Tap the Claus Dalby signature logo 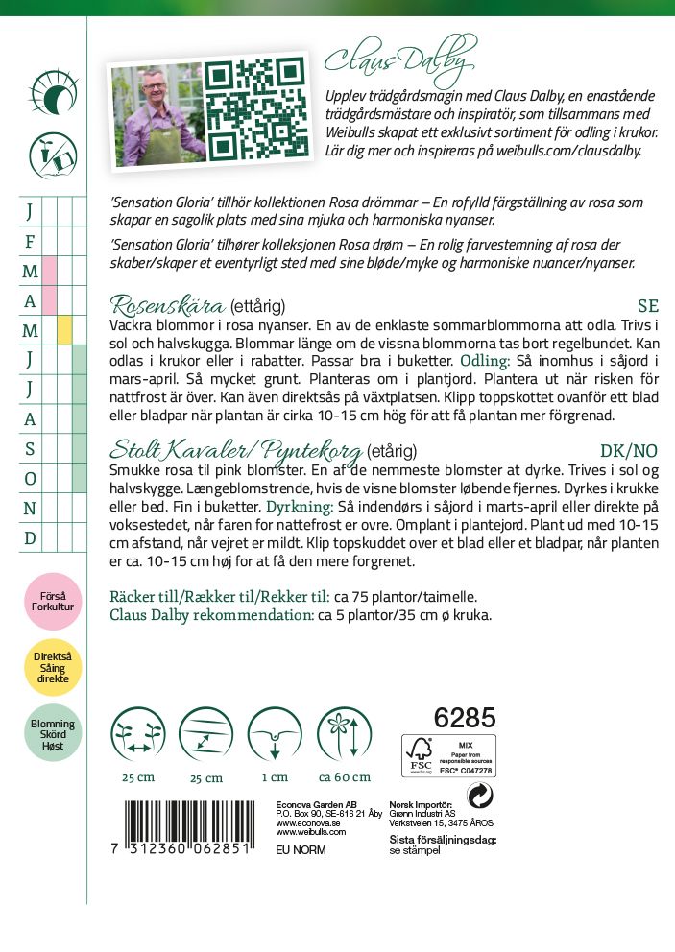click(x=400, y=59)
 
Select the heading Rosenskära click(x=167, y=306)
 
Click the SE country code click(x=648, y=307)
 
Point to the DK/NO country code click(x=629, y=450)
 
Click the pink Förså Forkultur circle click(x=53, y=602)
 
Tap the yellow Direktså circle click(x=53, y=670)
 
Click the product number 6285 click(x=465, y=718)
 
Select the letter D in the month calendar click(x=30, y=537)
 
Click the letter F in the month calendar click(x=30, y=241)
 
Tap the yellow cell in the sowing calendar click(x=64, y=330)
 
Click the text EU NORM click(x=301, y=850)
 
